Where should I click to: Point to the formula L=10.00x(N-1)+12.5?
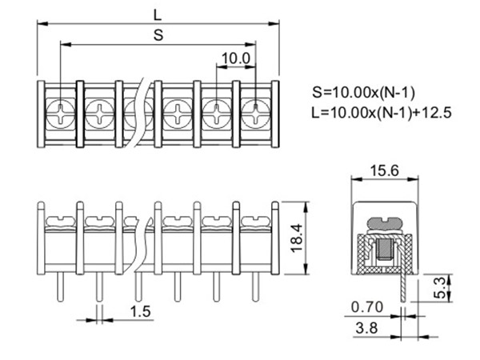(382, 112)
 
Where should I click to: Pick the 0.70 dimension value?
(366, 307)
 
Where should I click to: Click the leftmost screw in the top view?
(60, 112)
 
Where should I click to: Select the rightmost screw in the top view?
(255, 112)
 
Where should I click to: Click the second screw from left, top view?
(99, 112)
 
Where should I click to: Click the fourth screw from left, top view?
(177, 112)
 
